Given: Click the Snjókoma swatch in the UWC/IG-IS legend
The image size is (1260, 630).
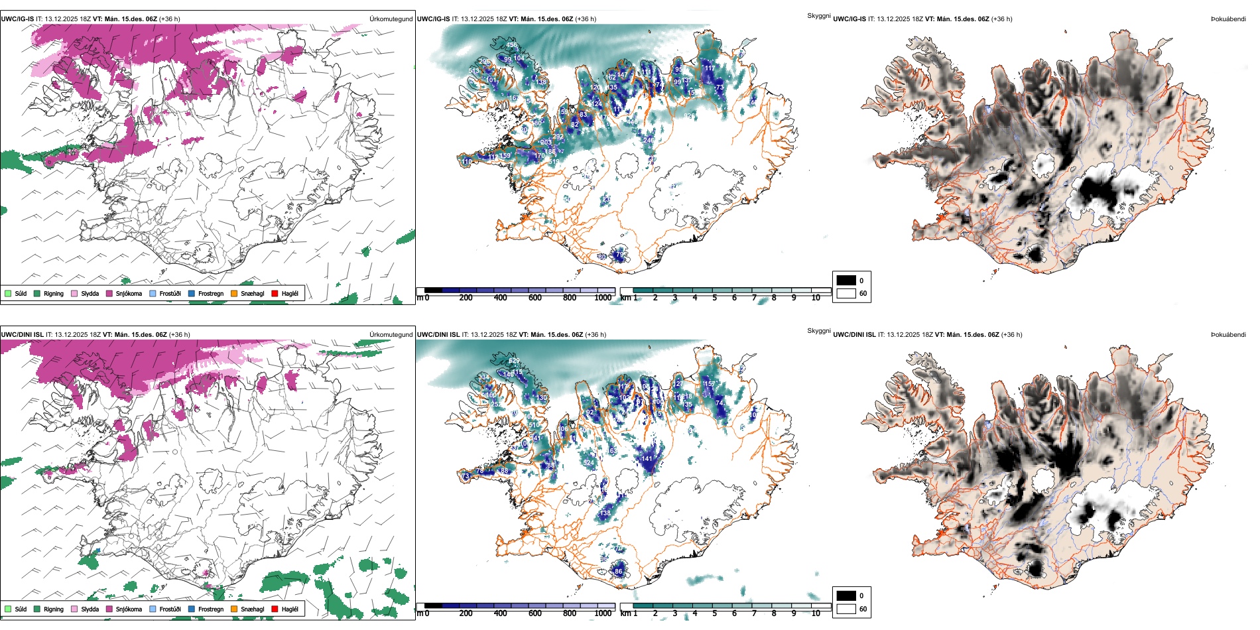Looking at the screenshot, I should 109,293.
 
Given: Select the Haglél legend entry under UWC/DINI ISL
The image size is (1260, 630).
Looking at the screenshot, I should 275,609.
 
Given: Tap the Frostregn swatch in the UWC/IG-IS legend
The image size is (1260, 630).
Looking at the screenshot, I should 192,293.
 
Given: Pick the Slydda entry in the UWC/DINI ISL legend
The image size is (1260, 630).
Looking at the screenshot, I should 74,609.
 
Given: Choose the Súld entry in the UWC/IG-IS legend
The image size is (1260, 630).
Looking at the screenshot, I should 8,293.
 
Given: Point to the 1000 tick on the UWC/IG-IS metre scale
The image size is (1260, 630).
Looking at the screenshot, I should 603,298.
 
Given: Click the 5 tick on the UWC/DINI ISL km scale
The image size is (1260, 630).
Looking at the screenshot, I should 714,613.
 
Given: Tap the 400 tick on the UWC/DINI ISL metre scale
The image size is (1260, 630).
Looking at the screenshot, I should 501,613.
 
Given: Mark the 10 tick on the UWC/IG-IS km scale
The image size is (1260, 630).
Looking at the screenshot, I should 816,298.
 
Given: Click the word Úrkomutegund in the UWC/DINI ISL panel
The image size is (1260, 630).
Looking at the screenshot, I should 391,334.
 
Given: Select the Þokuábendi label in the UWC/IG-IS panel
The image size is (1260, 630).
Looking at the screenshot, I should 1228,19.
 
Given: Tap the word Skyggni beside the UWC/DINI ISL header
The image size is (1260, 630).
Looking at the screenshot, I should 818,331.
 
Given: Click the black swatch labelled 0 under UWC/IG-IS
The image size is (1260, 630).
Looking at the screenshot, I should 846,281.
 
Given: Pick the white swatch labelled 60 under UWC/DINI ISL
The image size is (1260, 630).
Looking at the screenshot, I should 846,609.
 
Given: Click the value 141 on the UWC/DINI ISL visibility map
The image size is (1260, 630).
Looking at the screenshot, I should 647,458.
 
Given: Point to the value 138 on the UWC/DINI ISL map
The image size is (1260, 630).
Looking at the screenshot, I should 605,513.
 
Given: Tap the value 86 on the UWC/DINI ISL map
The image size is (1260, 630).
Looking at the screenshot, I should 619,571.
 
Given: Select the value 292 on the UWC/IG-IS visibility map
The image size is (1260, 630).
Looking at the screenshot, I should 558,137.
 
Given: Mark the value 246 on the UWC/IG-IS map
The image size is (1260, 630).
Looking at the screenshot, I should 649,141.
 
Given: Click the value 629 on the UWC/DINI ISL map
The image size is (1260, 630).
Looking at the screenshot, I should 514,361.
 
